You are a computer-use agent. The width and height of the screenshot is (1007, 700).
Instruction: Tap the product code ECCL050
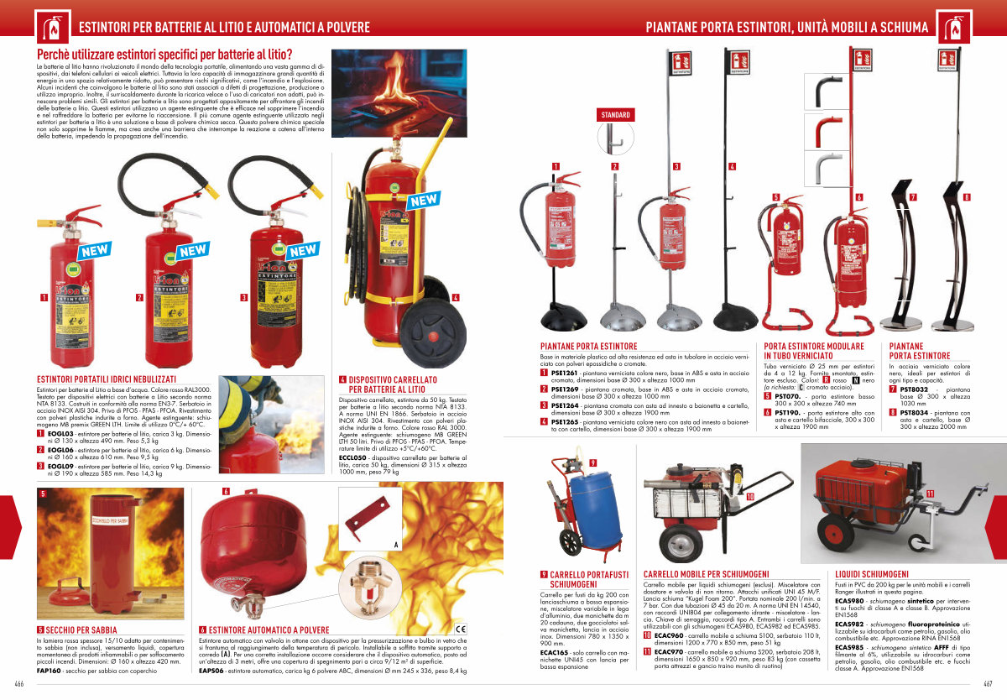[x=352, y=457]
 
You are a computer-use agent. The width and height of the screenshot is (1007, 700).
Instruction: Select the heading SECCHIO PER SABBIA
[x=77, y=629]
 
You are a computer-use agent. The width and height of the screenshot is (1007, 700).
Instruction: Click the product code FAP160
[x=49, y=671]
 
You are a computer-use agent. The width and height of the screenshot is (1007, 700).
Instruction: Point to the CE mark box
[x=460, y=629]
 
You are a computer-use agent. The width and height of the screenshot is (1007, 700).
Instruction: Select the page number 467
[x=989, y=683]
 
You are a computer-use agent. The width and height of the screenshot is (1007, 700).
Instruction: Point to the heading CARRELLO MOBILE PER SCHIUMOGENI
[x=707, y=574]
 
